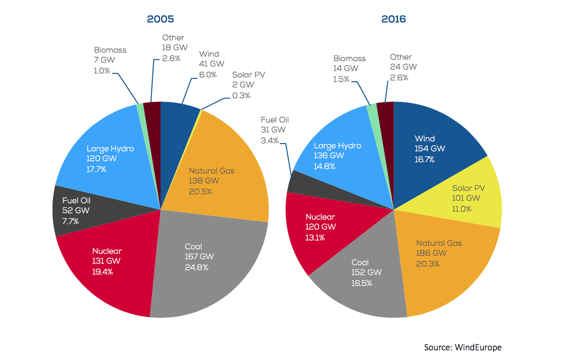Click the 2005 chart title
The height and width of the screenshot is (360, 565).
[x=160, y=19]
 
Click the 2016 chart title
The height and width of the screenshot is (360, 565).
[x=394, y=19]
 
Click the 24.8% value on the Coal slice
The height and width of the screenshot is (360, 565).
[x=196, y=267]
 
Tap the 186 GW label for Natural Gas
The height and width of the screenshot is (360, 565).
[x=431, y=253]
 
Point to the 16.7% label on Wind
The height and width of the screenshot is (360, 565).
[x=424, y=159]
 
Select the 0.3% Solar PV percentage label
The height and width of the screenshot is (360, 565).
[x=241, y=95]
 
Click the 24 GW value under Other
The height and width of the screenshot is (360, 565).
[x=403, y=67]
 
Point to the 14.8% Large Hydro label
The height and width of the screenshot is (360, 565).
[x=324, y=166]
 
